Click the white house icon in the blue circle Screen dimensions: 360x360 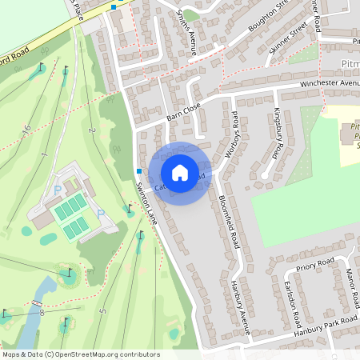[180, 172]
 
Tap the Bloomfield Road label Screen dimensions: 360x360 [230, 222]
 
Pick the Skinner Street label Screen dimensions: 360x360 [288, 38]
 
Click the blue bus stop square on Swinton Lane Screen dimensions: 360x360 [138, 171]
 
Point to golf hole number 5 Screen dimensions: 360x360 [102, 310]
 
